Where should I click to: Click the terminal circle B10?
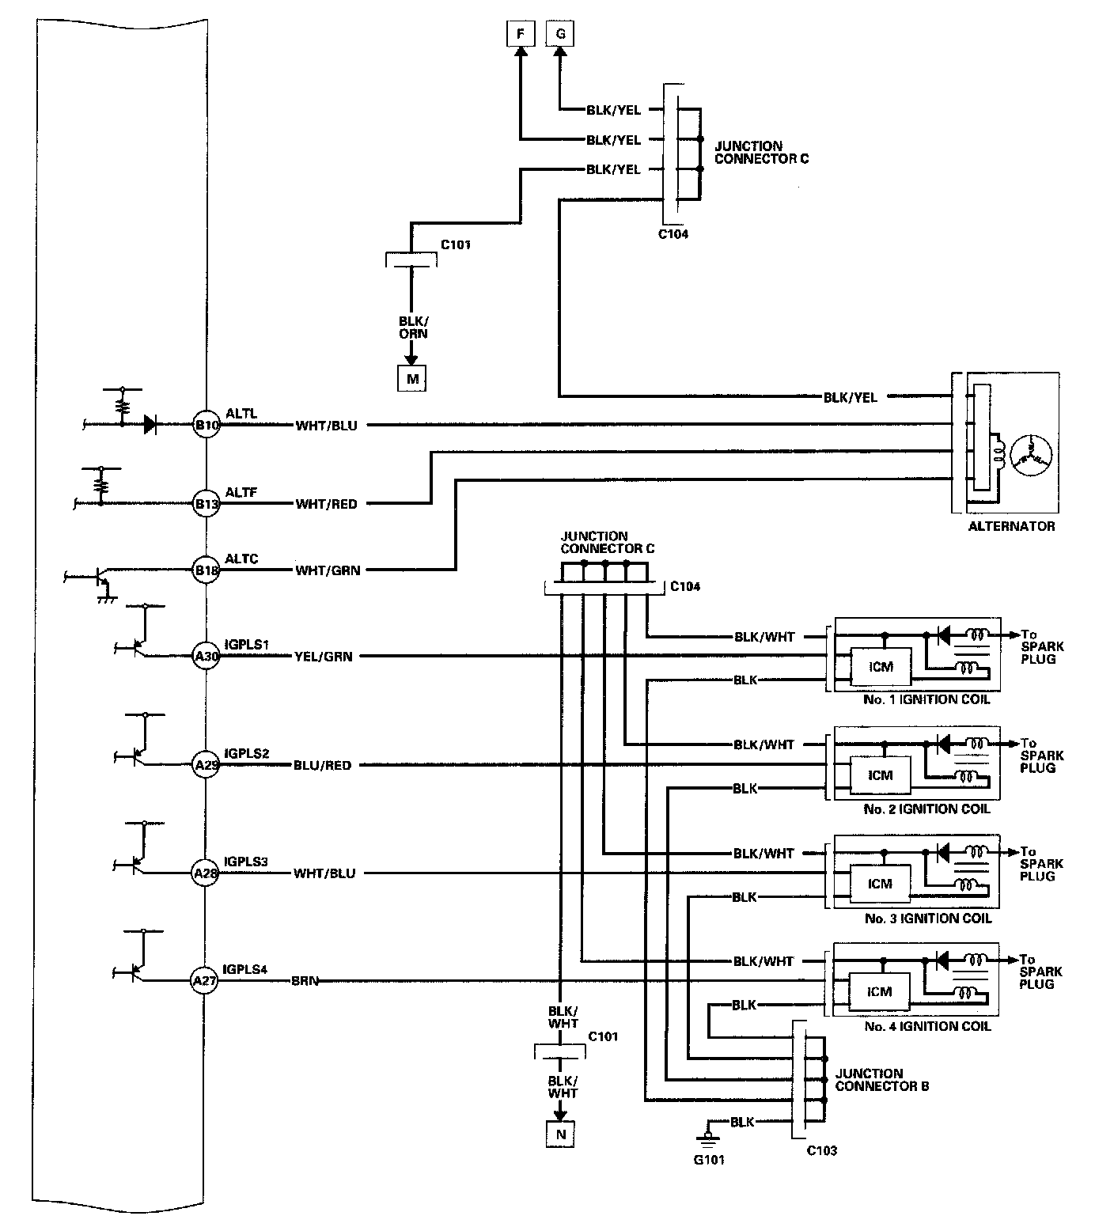207,425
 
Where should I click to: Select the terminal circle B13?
207,503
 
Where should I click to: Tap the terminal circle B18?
207,570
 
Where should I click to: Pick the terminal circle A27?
205,981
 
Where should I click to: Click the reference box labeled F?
520,34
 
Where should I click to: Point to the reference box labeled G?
560,34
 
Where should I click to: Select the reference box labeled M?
411,379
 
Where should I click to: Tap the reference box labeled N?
560,1134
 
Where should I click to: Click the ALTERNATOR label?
1011,526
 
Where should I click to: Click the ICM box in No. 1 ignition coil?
880,667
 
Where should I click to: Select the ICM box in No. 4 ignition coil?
880,992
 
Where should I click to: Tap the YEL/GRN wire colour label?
323,656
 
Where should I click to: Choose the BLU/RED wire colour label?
322,765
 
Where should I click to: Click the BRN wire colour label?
305,981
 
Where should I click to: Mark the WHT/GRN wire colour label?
328,570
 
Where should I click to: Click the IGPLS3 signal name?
246,862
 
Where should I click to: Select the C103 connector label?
821,1150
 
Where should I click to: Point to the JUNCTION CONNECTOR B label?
881,1080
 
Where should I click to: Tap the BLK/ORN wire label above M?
412,328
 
